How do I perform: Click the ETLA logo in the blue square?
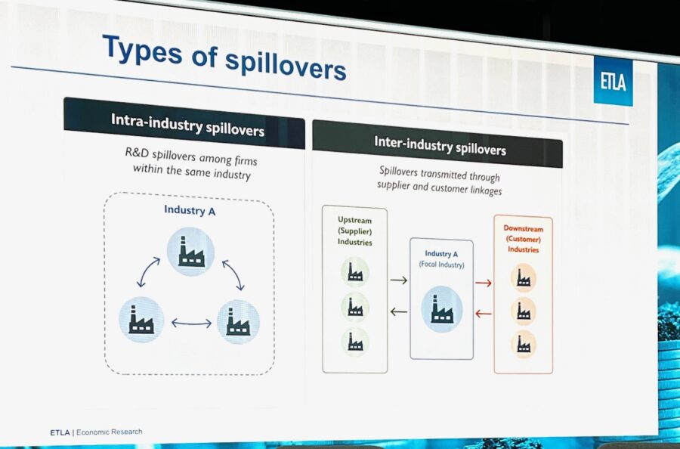(613, 82)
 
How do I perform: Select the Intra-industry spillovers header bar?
(184, 122)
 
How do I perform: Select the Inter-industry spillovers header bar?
(437, 144)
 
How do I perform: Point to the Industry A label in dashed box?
(190, 210)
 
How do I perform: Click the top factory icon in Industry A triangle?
(191, 252)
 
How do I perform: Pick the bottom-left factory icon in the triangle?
(141, 319)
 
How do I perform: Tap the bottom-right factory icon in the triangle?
(238, 322)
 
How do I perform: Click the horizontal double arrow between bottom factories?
(191, 323)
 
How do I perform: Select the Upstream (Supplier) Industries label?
(355, 231)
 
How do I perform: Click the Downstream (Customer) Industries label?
(523, 239)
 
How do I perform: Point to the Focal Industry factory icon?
(441, 309)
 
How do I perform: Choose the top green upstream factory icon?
(355, 272)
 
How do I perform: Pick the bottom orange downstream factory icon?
(524, 344)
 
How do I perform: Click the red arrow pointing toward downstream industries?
(484, 283)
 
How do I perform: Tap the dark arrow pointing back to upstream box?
(399, 311)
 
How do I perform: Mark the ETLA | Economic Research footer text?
(96, 432)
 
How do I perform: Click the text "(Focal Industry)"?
(441, 265)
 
